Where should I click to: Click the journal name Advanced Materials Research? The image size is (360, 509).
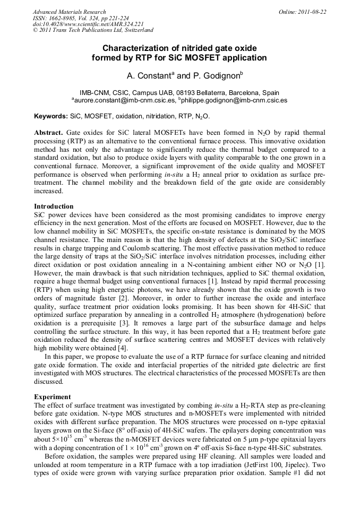[x=69, y=12]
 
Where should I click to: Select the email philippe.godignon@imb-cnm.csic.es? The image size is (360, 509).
[x=234, y=100]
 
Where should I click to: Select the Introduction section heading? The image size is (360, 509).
[x=54, y=206]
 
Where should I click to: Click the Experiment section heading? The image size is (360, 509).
[x=52, y=396]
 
